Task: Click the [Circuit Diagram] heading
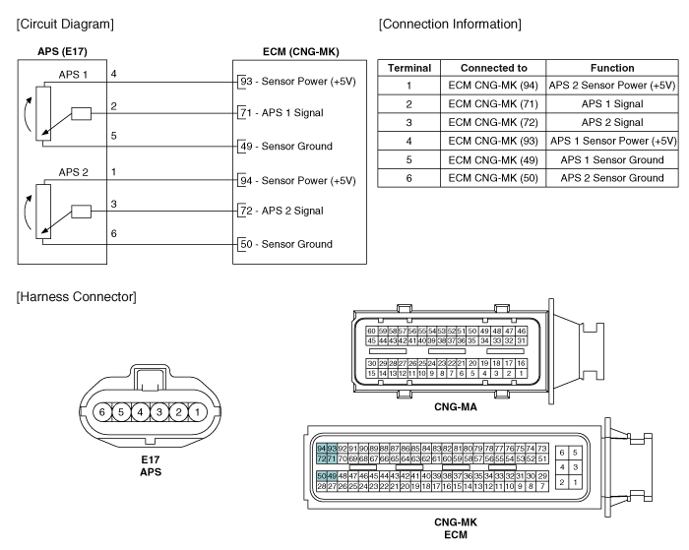65,24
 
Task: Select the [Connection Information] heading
450,24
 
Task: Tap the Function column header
612,68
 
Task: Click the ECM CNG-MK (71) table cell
493,104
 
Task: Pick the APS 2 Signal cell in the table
612,123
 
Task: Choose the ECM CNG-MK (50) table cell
493,178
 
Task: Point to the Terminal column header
409,68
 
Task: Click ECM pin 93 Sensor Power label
297,82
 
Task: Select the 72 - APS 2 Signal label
282,211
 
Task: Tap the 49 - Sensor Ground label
286,147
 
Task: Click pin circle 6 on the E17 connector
102,412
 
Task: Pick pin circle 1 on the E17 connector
197,412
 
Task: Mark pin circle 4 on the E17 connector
140,412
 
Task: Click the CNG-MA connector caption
455,406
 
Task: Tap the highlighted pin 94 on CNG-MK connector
322,449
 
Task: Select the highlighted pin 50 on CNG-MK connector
322,476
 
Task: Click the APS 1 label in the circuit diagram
73,75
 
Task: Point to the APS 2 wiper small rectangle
82,212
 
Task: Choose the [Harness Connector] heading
77,297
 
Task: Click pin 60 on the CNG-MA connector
372,331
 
